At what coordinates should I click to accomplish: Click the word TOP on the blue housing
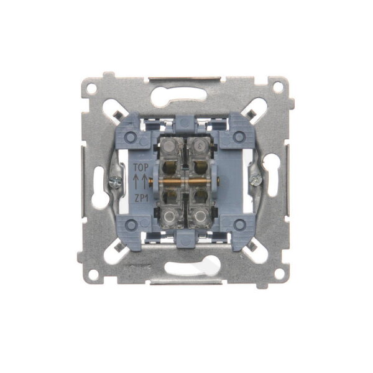point(140,167)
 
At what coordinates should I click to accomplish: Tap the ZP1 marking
point(142,198)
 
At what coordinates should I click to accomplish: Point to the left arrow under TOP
point(137,182)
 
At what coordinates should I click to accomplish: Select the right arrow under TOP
point(144,182)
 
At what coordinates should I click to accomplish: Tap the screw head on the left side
point(116,182)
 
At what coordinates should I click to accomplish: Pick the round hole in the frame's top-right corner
point(278,87)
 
